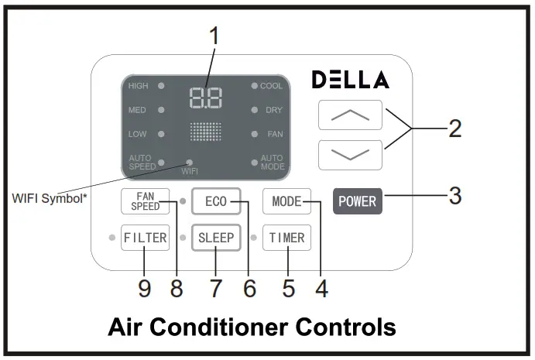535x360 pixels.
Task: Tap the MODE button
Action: click(x=286, y=201)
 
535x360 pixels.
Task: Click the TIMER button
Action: click(x=286, y=238)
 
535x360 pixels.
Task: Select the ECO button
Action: click(x=216, y=201)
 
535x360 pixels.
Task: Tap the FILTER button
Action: click(x=145, y=238)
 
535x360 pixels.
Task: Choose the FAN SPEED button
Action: click(x=145, y=201)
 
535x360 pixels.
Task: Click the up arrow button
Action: click(x=350, y=115)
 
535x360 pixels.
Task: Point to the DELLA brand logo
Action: click(x=350, y=80)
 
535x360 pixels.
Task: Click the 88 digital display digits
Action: click(x=205, y=98)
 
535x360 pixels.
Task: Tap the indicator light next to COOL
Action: click(x=254, y=86)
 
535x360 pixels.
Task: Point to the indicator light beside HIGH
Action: click(x=161, y=86)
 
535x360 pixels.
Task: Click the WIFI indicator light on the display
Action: click(x=189, y=162)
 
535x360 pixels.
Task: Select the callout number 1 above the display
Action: click(x=214, y=36)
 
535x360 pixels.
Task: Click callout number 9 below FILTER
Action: click(x=144, y=288)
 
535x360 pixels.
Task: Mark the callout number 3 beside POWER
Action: click(x=455, y=196)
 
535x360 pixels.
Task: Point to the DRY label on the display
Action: click(x=273, y=110)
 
